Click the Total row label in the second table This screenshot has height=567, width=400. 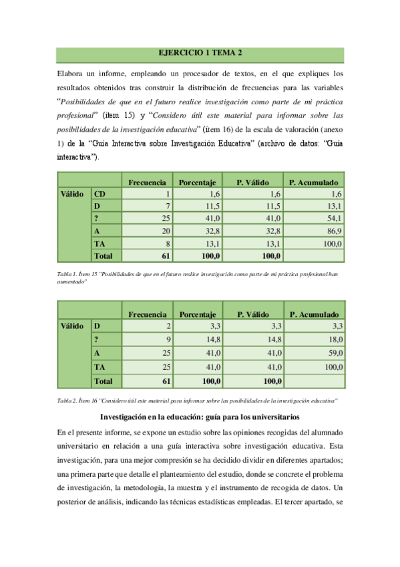click(x=104, y=381)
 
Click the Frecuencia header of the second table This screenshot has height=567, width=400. click(x=147, y=314)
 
